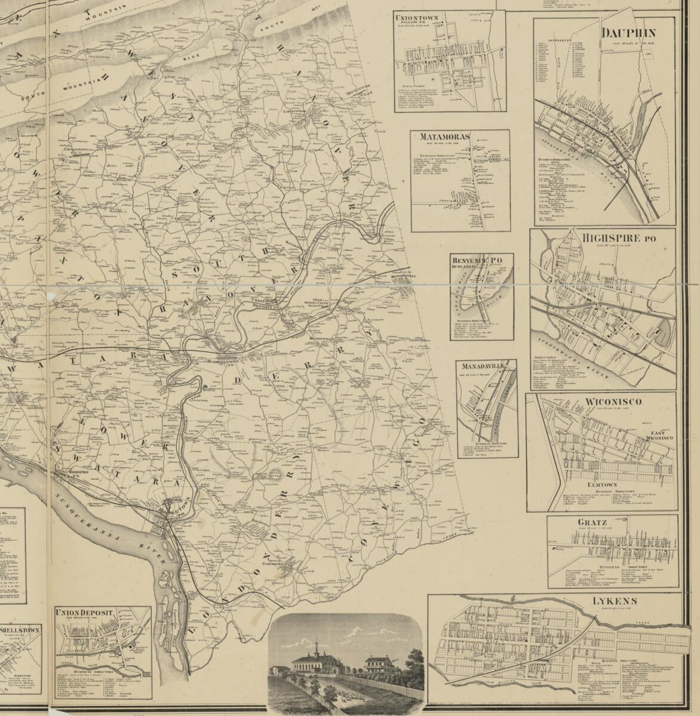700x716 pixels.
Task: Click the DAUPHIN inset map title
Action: (629, 33)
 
